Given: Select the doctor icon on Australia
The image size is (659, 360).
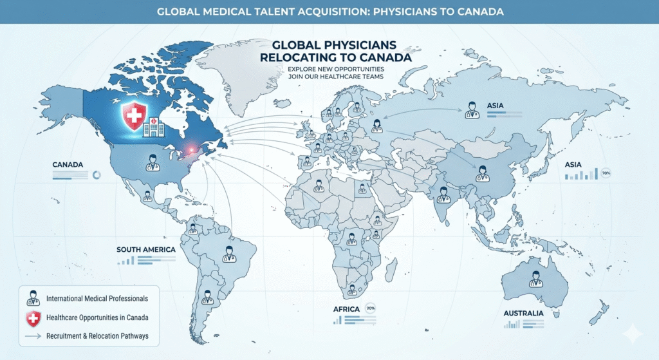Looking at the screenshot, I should pyautogui.click(x=535, y=279).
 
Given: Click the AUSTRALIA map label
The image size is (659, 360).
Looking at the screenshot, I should pyautogui.click(x=524, y=314).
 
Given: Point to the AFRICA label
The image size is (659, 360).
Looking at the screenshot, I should pyautogui.click(x=346, y=309).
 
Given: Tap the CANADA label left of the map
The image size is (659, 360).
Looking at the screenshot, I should pyautogui.click(x=68, y=165).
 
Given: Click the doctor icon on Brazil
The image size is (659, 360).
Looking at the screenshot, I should pyautogui.click(x=228, y=254).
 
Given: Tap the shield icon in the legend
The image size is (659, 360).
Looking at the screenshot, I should pyautogui.click(x=33, y=317).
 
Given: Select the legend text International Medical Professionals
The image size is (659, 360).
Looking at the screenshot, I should pyautogui.click(x=97, y=299).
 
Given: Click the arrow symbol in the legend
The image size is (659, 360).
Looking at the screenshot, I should pyautogui.click(x=33, y=336).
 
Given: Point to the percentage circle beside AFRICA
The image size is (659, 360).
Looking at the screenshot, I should pyautogui.click(x=370, y=308).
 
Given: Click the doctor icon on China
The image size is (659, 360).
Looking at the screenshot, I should pyautogui.click(x=483, y=173).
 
